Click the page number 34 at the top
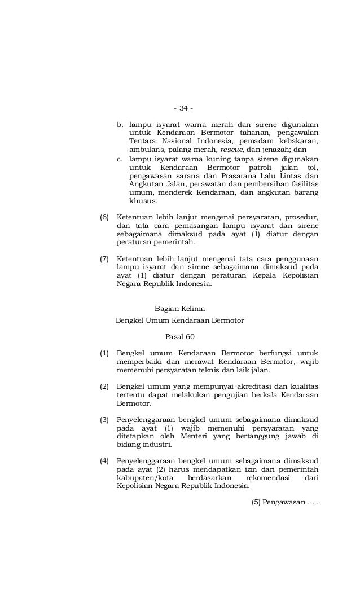pyautogui.click(x=183, y=108)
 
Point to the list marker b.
pyautogui.click(x=119, y=124)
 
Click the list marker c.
pyautogui.click(x=119, y=160)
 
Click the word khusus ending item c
pyautogui.click(x=143, y=201)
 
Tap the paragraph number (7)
pyautogui.click(x=104, y=258)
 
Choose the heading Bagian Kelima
pyautogui.click(x=179, y=308)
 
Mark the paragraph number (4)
pyautogui.click(x=104, y=461)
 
